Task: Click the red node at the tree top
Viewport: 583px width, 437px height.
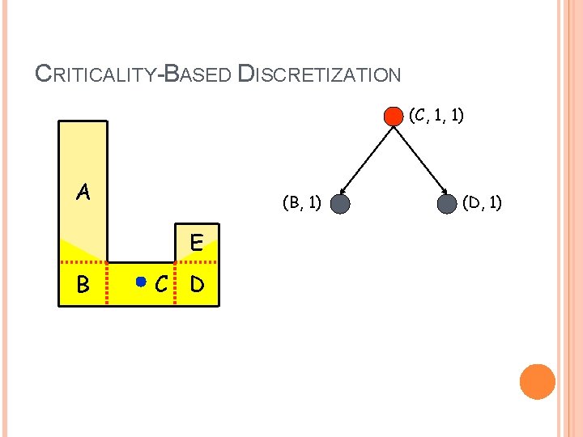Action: (x=393, y=116)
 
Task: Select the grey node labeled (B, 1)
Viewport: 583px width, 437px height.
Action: (x=340, y=204)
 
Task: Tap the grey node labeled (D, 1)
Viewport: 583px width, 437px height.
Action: (x=447, y=204)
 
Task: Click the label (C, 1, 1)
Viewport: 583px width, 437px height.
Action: (x=436, y=116)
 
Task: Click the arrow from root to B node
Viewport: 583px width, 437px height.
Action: (x=367, y=159)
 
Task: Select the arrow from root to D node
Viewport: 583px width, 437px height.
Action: (x=419, y=159)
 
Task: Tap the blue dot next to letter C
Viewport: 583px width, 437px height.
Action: (x=141, y=282)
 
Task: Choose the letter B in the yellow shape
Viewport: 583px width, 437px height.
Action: (x=83, y=285)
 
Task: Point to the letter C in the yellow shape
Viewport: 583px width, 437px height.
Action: (x=162, y=285)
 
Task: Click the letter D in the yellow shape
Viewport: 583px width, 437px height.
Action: (x=196, y=285)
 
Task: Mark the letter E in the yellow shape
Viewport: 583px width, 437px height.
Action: (x=196, y=242)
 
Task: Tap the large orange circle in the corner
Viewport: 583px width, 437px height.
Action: (x=537, y=381)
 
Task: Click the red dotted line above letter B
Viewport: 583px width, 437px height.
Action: (x=83, y=263)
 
